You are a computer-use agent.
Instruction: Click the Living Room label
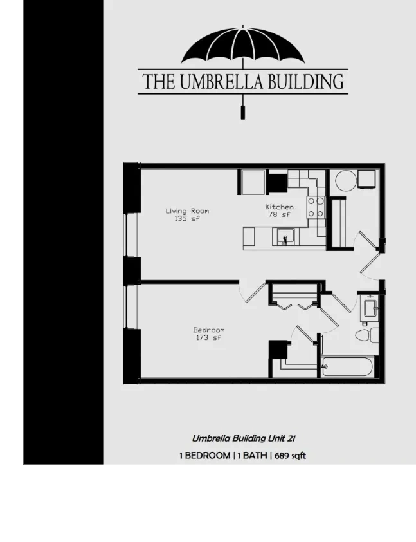point(187,211)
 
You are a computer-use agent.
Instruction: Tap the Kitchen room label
point(279,207)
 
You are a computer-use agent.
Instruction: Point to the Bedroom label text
point(209,330)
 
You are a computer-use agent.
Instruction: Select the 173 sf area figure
point(208,337)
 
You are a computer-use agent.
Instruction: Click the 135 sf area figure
point(186,218)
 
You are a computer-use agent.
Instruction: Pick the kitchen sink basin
point(285,236)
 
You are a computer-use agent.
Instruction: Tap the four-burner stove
point(316,207)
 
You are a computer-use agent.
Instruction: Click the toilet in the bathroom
point(366,335)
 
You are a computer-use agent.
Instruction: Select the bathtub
point(347,367)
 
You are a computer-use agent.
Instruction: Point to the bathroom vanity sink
point(370,308)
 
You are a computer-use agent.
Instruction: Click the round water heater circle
point(345,180)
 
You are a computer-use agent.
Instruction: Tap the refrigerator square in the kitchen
point(253,182)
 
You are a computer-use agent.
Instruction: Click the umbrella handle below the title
point(242,113)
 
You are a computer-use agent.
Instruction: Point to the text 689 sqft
point(291,456)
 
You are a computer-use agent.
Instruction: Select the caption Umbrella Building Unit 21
point(244,438)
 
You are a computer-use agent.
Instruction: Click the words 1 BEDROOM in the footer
point(205,456)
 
